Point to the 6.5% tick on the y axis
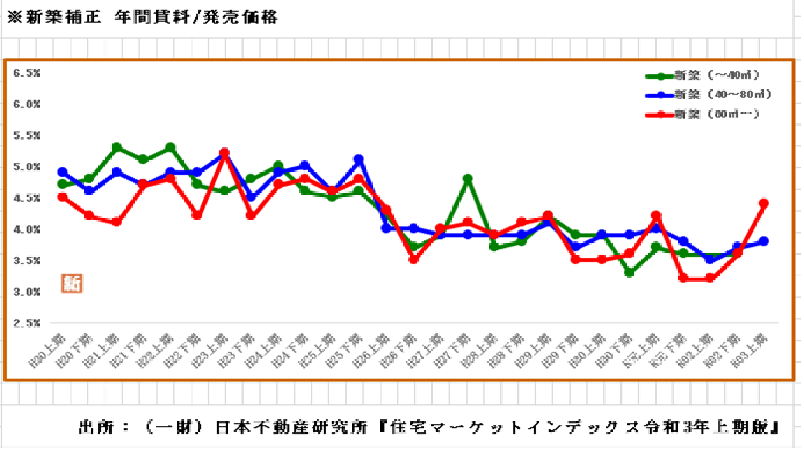(27, 73)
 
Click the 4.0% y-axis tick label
(27, 229)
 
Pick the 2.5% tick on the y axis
(27, 324)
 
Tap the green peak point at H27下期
(468, 179)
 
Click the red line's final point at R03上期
(764, 204)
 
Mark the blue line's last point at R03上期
(764, 241)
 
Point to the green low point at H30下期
(629, 273)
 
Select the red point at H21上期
(117, 223)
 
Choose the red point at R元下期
(683, 278)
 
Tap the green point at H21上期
(117, 147)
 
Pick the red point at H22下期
(198, 216)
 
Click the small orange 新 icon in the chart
(70, 282)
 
